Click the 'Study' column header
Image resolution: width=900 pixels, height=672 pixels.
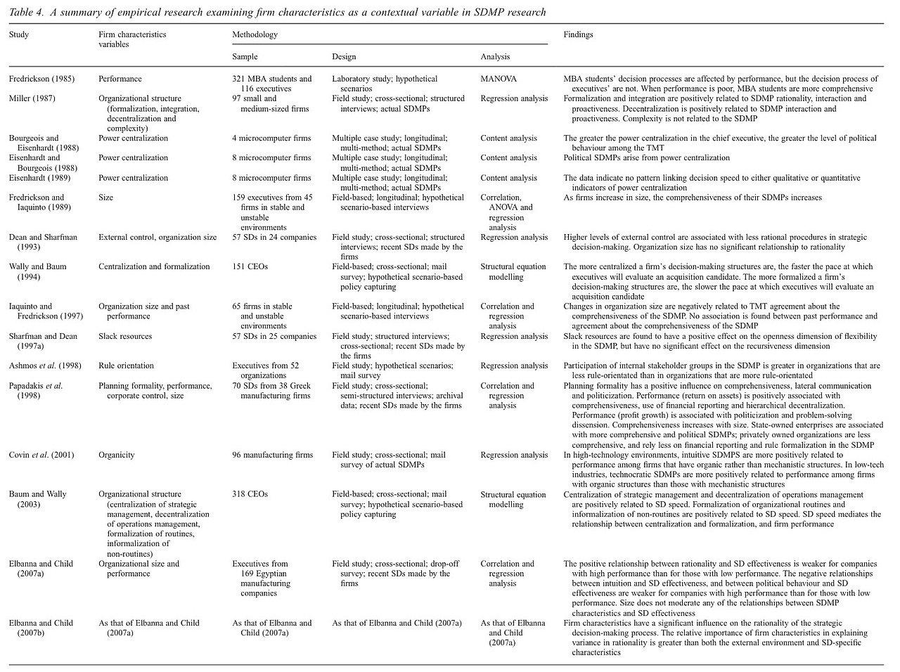click(19, 34)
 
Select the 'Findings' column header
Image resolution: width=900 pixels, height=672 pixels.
click(578, 34)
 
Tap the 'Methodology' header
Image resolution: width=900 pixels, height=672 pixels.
click(255, 34)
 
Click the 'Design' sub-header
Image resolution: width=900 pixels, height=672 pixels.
click(344, 57)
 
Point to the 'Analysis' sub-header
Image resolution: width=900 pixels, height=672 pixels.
click(495, 57)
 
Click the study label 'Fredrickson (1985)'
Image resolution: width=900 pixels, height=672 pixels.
click(41, 79)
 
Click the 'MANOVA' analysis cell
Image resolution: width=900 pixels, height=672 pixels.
click(499, 79)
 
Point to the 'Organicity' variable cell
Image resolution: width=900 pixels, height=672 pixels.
click(117, 455)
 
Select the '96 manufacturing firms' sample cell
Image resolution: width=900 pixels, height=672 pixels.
click(273, 455)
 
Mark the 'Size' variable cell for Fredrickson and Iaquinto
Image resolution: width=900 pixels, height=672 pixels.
click(106, 198)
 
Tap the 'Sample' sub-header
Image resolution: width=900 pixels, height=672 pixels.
click(245, 57)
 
